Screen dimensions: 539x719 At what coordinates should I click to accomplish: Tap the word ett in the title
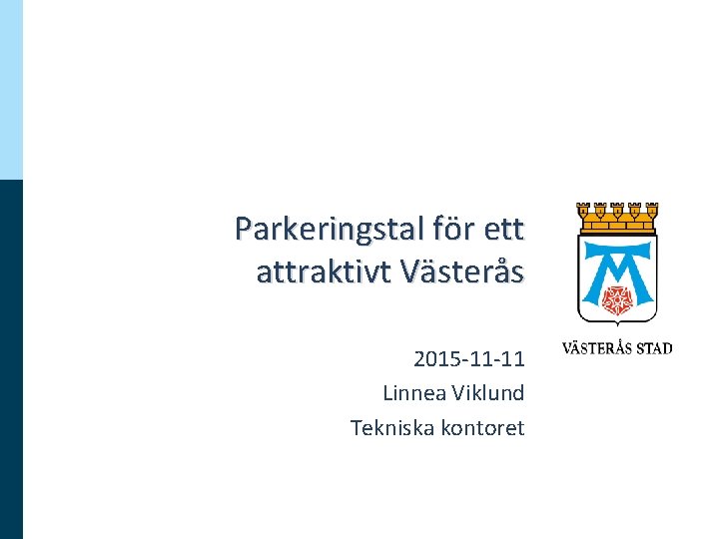pos(502,230)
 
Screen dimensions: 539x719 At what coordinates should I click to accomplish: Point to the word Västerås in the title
pos(460,271)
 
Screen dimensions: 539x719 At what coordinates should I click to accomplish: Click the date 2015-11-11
pos(468,357)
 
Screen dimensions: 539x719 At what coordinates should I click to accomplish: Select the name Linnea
pos(413,392)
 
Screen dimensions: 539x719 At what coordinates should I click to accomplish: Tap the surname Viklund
pos(488,392)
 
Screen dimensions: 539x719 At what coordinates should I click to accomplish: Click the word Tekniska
pos(391,427)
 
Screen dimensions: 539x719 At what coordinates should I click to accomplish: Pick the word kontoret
pos(482,427)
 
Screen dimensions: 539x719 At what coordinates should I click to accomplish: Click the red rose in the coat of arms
pos(617,294)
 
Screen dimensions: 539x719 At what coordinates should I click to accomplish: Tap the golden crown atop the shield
pos(617,213)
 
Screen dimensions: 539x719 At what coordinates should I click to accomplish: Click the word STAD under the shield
pos(650,349)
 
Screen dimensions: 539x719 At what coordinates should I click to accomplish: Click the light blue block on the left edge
pos(11,90)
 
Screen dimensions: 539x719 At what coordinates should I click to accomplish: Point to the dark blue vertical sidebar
pos(11,359)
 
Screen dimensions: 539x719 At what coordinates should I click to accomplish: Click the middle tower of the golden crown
pos(617,211)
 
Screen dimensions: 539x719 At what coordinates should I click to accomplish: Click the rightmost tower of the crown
pos(651,211)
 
